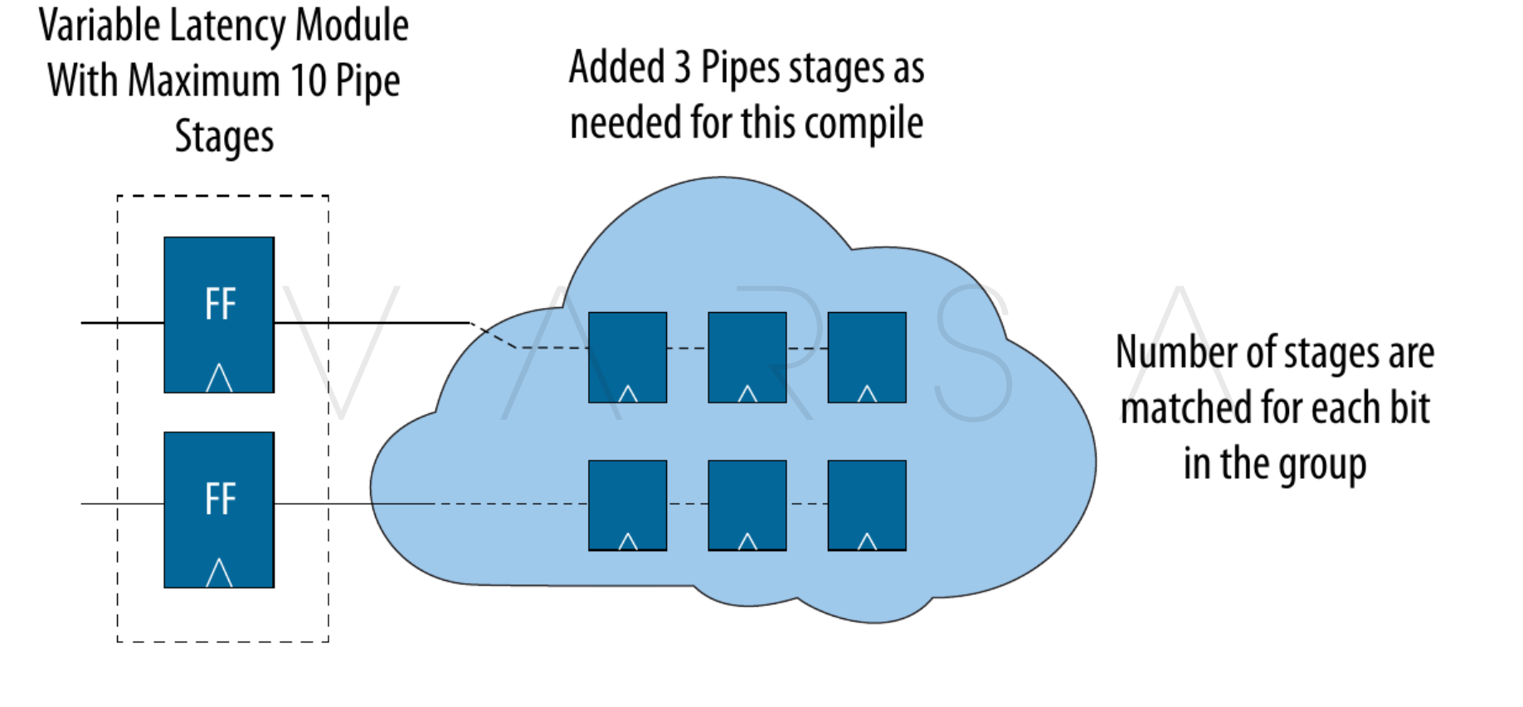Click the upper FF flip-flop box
(x=219, y=314)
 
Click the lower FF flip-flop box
(x=219, y=510)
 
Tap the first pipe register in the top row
(x=627, y=357)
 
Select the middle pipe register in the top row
(x=747, y=357)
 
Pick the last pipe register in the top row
(x=867, y=357)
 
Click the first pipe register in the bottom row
(x=627, y=505)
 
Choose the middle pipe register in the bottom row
(x=747, y=505)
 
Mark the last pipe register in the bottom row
(x=867, y=505)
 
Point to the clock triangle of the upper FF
(x=219, y=378)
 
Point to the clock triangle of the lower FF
(x=219, y=573)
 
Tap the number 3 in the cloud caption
(x=682, y=67)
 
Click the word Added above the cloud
(x=617, y=67)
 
